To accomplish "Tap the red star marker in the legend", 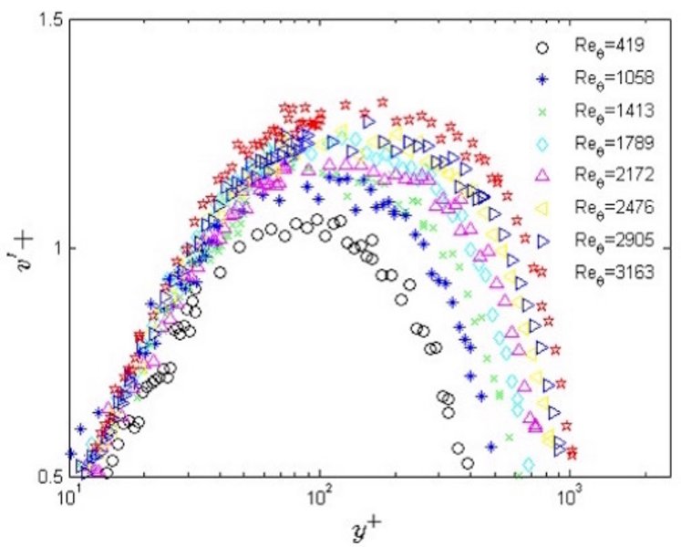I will (x=543, y=270).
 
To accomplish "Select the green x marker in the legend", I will (x=543, y=111).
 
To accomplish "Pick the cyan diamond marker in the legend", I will (x=543, y=143).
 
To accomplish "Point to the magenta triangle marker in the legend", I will (x=543, y=175).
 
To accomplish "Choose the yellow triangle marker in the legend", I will (x=543, y=207).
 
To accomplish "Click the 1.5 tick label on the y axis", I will (x=48, y=20).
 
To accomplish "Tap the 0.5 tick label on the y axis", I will (x=48, y=476).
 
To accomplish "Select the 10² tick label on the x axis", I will (x=319, y=498).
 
